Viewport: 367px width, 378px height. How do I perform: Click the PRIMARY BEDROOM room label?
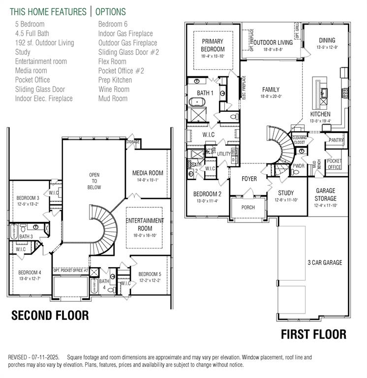click(x=213, y=45)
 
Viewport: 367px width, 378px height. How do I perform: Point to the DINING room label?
click(x=327, y=40)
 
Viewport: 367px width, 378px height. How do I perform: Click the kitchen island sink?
click(x=324, y=92)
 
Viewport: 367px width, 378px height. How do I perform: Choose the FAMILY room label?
click(x=271, y=90)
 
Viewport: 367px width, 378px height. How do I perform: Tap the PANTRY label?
click(x=336, y=140)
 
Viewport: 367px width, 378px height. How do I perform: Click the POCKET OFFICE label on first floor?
click(x=334, y=164)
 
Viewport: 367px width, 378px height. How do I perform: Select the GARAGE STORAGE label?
click(x=326, y=195)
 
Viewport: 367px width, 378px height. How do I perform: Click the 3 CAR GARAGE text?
click(x=325, y=262)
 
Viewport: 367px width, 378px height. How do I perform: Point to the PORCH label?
click(x=248, y=207)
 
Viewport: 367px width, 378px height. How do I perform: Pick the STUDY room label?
click(x=285, y=193)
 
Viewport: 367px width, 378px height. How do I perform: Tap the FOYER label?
click(x=249, y=179)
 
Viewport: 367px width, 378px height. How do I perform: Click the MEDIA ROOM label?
click(x=148, y=173)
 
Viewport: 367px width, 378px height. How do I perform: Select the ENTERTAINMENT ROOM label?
click(x=144, y=224)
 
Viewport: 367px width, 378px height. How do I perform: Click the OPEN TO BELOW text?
click(x=94, y=181)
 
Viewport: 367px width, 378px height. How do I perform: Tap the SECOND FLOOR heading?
click(x=50, y=315)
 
